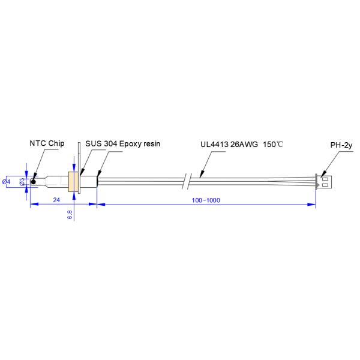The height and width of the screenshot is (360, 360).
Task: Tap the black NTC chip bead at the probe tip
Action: [x=34, y=181]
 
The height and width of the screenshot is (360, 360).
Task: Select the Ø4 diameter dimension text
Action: [x=6, y=181]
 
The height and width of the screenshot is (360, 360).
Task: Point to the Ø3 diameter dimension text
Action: [x=22, y=181]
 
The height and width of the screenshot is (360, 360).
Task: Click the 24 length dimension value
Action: [x=56, y=199]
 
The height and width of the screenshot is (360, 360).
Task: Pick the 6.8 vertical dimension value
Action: [x=70, y=214]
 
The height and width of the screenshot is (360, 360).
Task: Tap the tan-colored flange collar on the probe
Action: [x=74, y=181]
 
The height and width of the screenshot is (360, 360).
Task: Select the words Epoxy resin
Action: [x=142, y=144]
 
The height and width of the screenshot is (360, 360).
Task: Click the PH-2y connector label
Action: [x=341, y=145]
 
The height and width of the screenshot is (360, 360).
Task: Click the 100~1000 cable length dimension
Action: [x=206, y=199]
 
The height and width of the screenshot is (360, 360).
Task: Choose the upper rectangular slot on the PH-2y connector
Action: [x=325, y=178]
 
